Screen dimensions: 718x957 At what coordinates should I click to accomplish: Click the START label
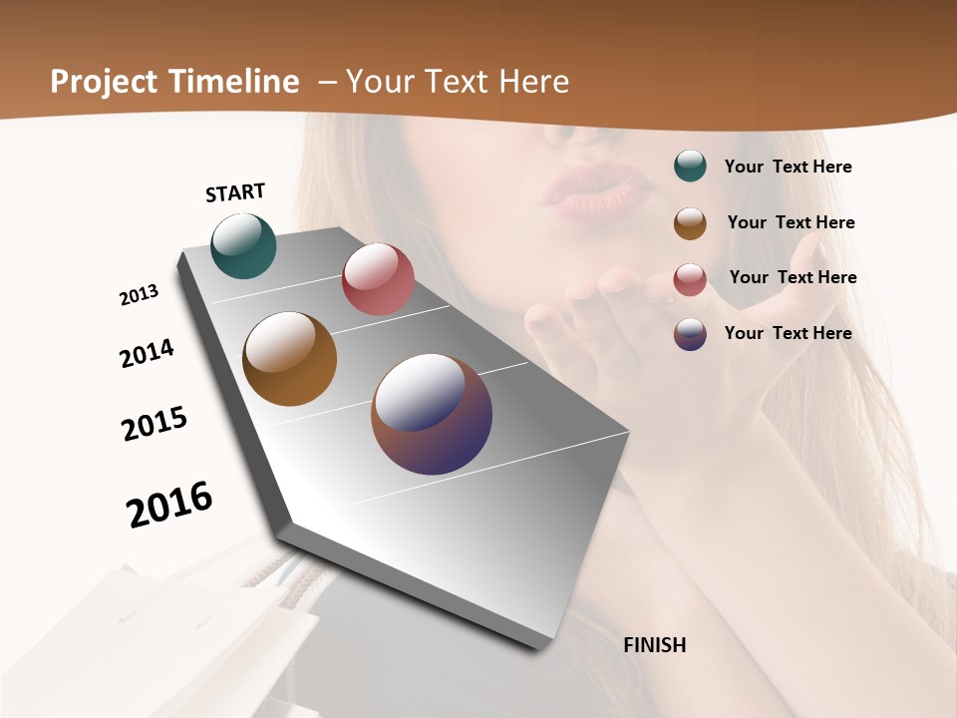click(x=235, y=192)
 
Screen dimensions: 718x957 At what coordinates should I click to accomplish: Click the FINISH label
click(x=654, y=645)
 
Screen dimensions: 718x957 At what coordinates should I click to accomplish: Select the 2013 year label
click(x=140, y=295)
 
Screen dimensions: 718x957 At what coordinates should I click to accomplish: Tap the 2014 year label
click(x=147, y=353)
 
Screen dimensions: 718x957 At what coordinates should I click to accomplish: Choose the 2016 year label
click(x=169, y=504)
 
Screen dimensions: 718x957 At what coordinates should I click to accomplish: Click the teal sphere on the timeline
click(x=243, y=245)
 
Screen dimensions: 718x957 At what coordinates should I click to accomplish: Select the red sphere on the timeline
click(x=378, y=279)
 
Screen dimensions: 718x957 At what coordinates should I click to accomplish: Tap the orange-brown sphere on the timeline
click(x=289, y=359)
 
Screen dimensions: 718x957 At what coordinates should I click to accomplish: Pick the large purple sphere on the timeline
click(x=432, y=414)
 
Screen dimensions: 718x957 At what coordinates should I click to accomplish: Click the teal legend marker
click(x=690, y=167)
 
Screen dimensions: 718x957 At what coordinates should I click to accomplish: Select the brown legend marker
click(x=690, y=222)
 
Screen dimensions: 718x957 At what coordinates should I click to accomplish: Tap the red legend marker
click(x=690, y=278)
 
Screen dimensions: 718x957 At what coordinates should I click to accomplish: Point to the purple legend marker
click(x=690, y=333)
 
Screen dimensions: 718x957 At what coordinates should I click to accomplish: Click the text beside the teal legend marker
click(x=788, y=167)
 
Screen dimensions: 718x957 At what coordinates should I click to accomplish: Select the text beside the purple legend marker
click(x=788, y=333)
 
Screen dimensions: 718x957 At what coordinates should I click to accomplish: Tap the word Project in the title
click(x=105, y=82)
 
